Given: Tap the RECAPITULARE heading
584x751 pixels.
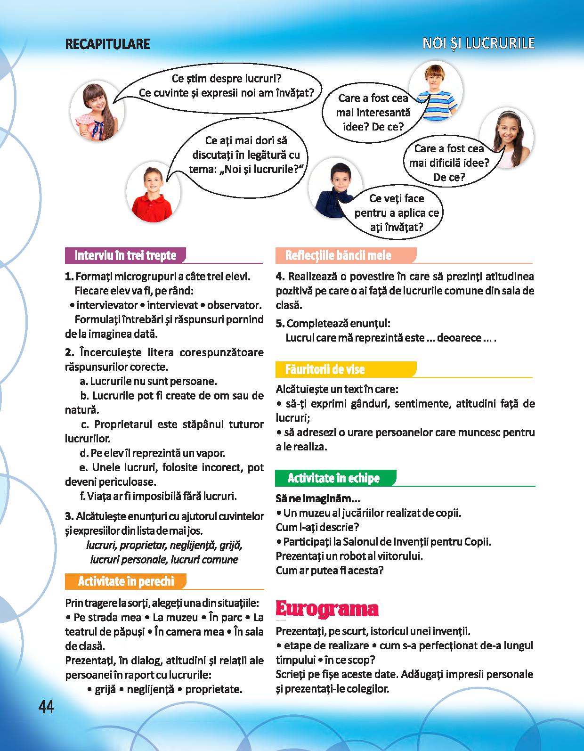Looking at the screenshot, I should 107,44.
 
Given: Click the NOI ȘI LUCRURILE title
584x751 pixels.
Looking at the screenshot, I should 479,43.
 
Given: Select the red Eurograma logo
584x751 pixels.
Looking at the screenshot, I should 327,609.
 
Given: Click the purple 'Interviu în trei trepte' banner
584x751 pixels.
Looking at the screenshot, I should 125,255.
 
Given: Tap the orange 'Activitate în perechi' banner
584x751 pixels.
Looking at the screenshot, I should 126,581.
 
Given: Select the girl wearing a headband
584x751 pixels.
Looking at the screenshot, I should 506,136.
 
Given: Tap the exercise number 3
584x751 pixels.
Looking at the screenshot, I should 69,516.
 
